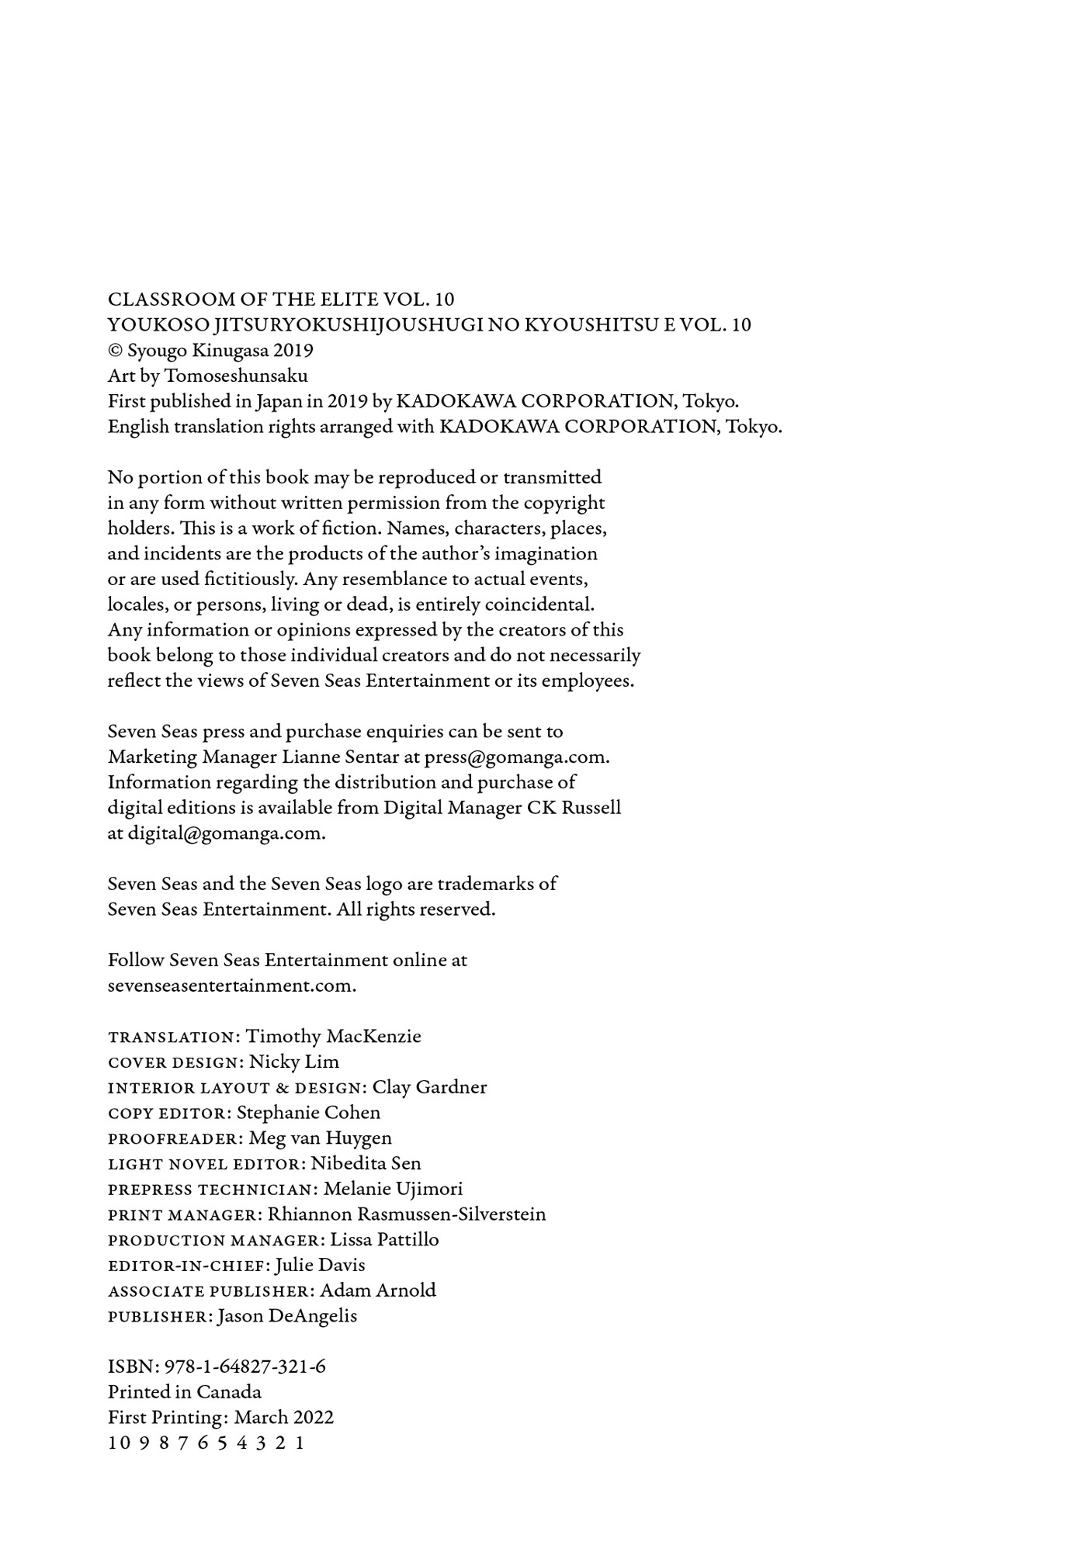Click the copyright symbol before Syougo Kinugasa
click(x=115, y=351)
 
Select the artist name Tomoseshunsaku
click(x=236, y=376)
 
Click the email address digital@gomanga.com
click(x=226, y=833)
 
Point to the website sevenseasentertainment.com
click(x=231, y=986)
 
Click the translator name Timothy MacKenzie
click(x=333, y=1037)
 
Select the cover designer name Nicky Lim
click(x=294, y=1062)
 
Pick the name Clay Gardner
click(x=429, y=1087)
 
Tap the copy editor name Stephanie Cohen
click(x=308, y=1113)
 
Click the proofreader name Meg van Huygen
click(x=321, y=1138)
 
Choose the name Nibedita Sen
click(x=366, y=1164)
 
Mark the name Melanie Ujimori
click(x=393, y=1189)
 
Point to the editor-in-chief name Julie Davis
click(x=320, y=1266)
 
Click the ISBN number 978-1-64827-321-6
click(x=245, y=1367)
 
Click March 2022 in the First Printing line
click(x=284, y=1418)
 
